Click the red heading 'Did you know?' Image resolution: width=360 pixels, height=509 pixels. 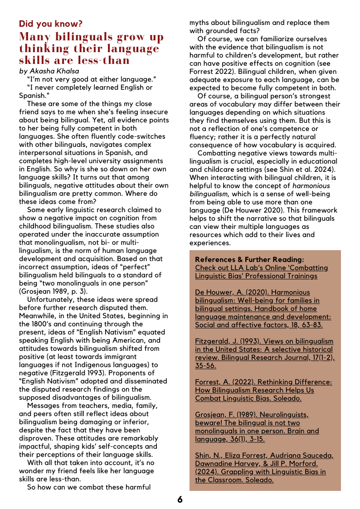[x=51, y=24]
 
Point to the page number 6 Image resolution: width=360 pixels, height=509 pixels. [x=180, y=499]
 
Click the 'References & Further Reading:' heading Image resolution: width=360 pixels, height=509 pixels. [x=249, y=260]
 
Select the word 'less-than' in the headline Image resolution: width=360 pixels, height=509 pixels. [x=103, y=60]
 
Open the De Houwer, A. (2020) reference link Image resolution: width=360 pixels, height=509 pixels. [x=263, y=309]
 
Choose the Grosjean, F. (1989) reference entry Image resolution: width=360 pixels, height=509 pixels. [x=257, y=427]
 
